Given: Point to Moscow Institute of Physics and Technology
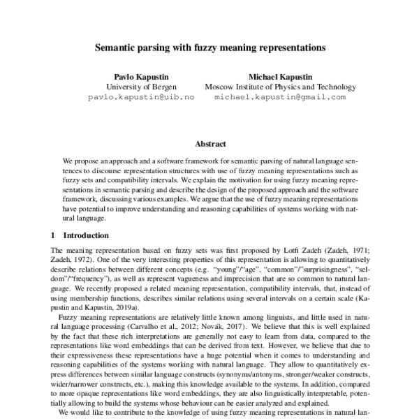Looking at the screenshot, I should (x=280, y=87).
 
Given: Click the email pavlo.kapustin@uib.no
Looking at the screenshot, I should (x=141, y=98).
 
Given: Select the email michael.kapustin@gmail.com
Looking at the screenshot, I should (x=280, y=98).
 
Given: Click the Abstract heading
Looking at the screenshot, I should (x=210, y=143).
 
